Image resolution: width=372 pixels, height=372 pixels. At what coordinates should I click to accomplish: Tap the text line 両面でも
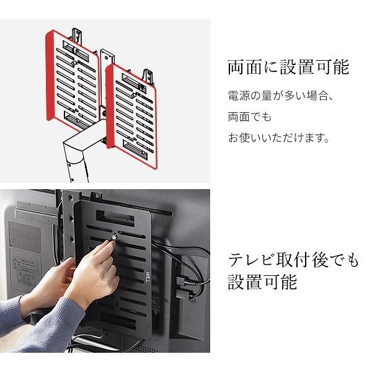pos(250,117)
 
